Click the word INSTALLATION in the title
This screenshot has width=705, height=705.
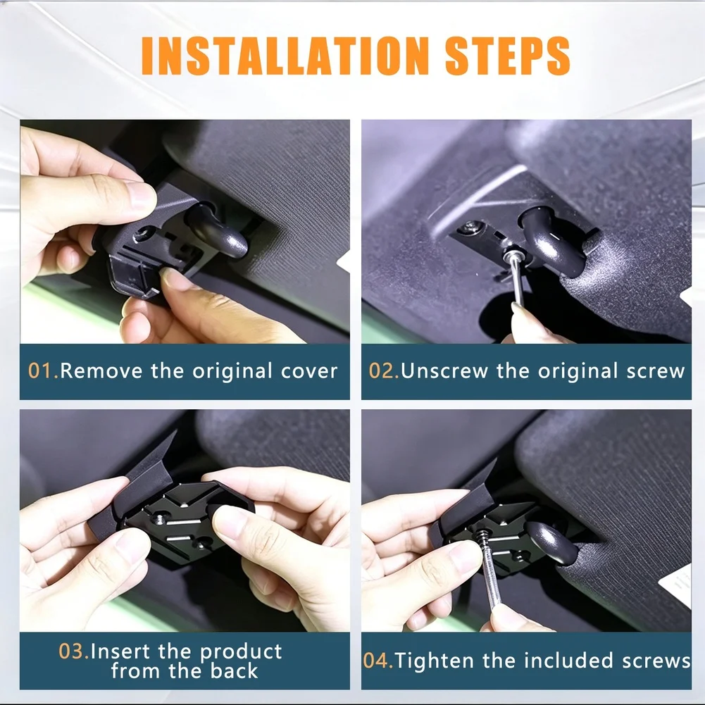(285, 56)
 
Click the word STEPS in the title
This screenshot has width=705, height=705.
(508, 56)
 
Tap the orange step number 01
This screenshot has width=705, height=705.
(44, 371)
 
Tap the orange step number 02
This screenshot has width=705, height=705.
(385, 371)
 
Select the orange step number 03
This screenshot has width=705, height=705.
(74, 651)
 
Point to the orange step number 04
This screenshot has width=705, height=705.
(378, 661)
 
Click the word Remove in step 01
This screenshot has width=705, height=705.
(101, 371)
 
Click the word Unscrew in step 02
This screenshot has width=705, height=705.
(444, 371)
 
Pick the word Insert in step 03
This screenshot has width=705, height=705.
(120, 651)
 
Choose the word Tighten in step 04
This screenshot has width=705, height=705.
(435, 661)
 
